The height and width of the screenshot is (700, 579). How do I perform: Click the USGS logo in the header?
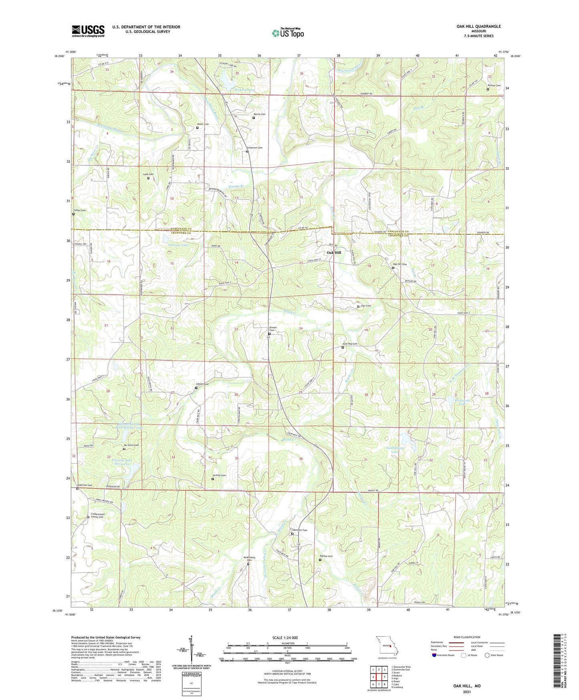(88, 31)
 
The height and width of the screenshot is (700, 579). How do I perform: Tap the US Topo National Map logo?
(288, 32)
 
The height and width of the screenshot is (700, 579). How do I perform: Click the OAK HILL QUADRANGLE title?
(478, 26)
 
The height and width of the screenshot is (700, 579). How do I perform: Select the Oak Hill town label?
(334, 253)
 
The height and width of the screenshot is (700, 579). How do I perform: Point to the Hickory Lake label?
(244, 91)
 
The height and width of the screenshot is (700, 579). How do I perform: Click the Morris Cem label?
(259, 114)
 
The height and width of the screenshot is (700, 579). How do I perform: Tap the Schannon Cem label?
(254, 148)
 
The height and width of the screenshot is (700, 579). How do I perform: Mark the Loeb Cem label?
(149, 174)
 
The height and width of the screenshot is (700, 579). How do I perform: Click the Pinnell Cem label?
(273, 329)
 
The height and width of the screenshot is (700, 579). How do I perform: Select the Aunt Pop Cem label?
(350, 344)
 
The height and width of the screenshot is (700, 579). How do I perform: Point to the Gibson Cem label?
(202, 384)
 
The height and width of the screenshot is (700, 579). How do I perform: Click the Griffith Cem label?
(219, 475)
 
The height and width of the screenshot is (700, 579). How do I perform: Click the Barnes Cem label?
(326, 556)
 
